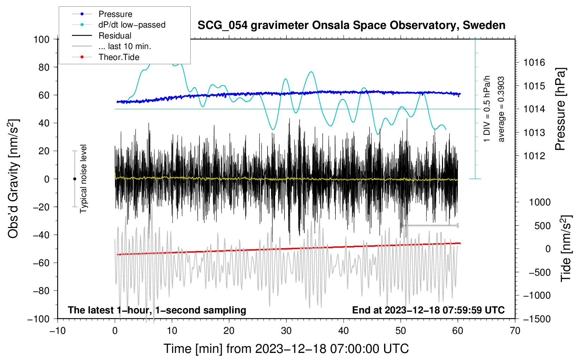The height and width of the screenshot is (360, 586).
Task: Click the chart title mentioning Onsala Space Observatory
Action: pos(351,25)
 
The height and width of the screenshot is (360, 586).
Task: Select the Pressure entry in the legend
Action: pos(115,14)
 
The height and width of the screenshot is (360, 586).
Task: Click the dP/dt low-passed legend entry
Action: pos(132,25)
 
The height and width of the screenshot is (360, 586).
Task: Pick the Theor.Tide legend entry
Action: pos(119,57)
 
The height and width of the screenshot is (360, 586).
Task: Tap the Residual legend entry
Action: pos(115,36)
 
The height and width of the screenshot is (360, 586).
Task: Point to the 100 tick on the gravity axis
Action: pos(42,39)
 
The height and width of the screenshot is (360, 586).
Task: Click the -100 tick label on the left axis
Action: pos(39,319)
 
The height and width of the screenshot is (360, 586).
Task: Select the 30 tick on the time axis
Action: pos(286,331)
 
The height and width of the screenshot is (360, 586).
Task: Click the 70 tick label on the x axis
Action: pos(515,331)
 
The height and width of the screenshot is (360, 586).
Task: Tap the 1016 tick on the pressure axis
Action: pos(534,63)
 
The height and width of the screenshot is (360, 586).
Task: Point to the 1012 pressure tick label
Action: pos(534,156)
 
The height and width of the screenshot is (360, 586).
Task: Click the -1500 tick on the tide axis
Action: pos(537,319)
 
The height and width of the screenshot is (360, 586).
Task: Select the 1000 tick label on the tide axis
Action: pos(540,202)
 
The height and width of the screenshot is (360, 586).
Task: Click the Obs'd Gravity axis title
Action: pos(13,179)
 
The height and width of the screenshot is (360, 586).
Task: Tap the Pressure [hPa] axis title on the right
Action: pos(560,109)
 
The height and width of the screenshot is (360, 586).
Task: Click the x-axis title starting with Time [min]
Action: pos(286,349)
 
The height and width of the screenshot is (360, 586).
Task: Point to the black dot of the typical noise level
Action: pos(74,179)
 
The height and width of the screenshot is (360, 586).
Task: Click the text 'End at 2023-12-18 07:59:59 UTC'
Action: pos(428,310)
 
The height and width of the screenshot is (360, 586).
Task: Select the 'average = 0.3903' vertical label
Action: pos(501,109)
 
